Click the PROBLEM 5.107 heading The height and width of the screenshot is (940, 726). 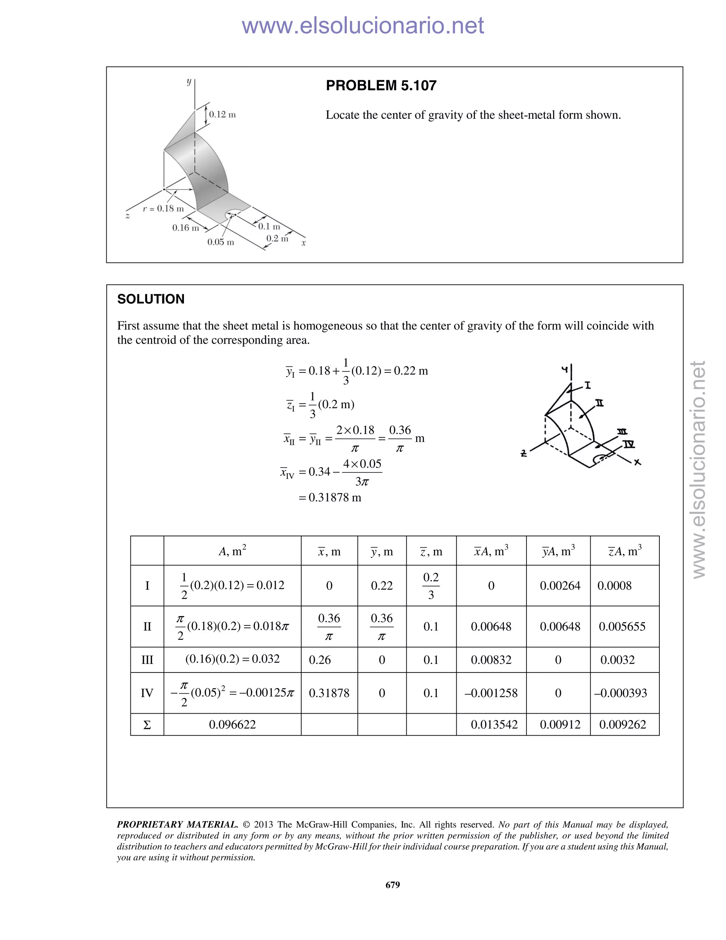pyautogui.click(x=381, y=85)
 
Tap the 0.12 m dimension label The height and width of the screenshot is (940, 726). pyautogui.click(x=222, y=115)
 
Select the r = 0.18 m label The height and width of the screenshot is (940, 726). pyautogui.click(x=163, y=209)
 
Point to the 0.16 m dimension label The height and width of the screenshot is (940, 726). pyautogui.click(x=185, y=228)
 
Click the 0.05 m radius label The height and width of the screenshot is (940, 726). pyautogui.click(x=220, y=242)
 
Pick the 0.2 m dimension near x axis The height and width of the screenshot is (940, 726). pyautogui.click(x=277, y=238)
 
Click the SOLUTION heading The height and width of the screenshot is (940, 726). pyautogui.click(x=151, y=299)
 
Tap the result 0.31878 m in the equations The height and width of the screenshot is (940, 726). pyautogui.click(x=335, y=498)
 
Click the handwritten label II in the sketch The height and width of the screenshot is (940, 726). pyautogui.click(x=599, y=403)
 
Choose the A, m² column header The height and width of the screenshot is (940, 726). pyautogui.click(x=232, y=551)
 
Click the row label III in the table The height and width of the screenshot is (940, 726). pyautogui.click(x=147, y=660)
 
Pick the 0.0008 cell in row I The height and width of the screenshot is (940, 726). pyautogui.click(x=614, y=586)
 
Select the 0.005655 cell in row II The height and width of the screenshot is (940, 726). pyautogui.click(x=622, y=627)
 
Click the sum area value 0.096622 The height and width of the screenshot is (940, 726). pyautogui.click(x=232, y=724)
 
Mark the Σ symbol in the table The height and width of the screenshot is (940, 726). pyautogui.click(x=147, y=725)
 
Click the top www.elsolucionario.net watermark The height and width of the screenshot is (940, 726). pyautogui.click(x=363, y=26)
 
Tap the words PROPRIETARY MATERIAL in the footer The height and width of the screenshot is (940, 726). pyautogui.click(x=177, y=825)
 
